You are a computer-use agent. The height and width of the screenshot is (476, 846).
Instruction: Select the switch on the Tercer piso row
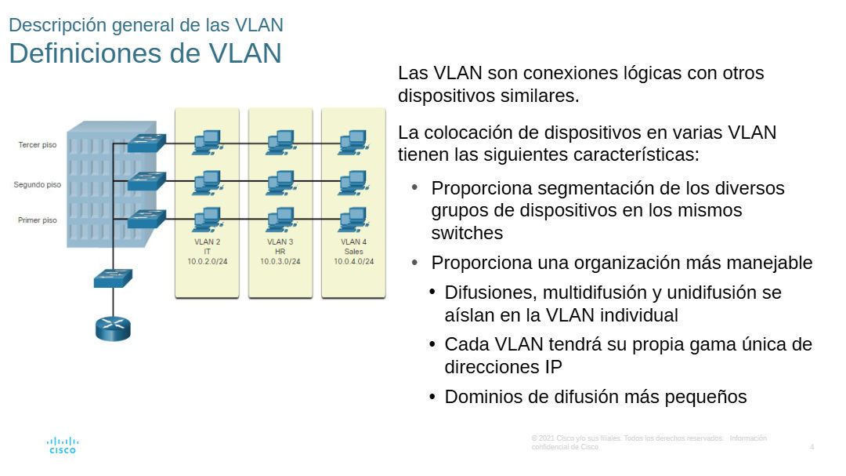[147, 143]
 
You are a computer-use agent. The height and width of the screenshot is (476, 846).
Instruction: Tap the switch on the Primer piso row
[147, 219]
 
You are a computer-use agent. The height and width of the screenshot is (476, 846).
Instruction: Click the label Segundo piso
[37, 185]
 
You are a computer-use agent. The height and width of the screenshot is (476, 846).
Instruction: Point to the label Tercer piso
[38, 145]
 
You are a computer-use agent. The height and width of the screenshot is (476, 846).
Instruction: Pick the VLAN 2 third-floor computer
[207, 141]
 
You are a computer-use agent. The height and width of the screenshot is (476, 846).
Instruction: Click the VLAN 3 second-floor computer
[280, 182]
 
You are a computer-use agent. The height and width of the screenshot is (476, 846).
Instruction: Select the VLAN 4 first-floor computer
[353, 217]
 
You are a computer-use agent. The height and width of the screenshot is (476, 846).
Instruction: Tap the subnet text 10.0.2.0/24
[207, 261]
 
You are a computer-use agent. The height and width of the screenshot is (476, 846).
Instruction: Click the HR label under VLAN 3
[280, 252]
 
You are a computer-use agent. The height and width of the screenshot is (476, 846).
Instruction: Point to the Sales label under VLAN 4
[354, 252]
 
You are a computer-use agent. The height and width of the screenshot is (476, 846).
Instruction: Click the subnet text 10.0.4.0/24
[354, 261]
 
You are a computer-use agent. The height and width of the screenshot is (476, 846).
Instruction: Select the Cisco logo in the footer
[63, 445]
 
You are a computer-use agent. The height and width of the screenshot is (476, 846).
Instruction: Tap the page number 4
[812, 447]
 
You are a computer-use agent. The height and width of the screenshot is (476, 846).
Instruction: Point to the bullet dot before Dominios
[432, 397]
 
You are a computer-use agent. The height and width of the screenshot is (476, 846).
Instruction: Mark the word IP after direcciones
[552, 366]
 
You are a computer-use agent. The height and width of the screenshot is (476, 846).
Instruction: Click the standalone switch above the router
[113, 278]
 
